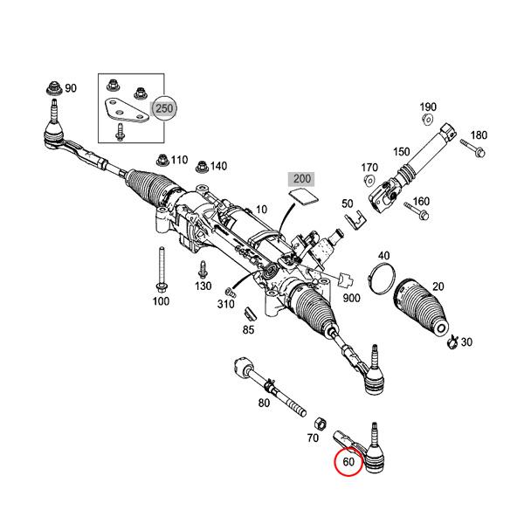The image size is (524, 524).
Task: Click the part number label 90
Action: coord(71,88)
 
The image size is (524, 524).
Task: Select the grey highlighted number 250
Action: coord(164,108)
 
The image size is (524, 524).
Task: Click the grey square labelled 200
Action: coord(302,180)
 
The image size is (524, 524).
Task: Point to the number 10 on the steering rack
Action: coord(260,210)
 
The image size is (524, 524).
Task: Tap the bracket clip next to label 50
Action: coord(353,222)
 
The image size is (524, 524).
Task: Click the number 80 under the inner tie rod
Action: coord(264,403)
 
